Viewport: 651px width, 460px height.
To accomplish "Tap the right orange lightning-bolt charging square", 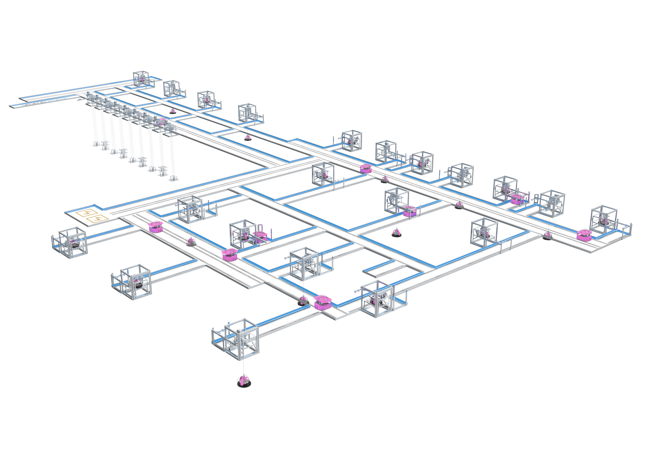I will (x=97, y=219).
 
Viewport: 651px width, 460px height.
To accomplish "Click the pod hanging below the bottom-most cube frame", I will (x=244, y=382).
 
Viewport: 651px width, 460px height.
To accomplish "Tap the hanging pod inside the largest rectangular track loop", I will (x=396, y=234).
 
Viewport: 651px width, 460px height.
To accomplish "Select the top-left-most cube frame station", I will (x=141, y=79).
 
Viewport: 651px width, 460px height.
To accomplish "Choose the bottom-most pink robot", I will (x=323, y=302).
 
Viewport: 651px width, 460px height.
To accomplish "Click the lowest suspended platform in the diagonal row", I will (x=173, y=179).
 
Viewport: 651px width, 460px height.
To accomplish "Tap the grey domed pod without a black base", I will (x=192, y=242).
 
